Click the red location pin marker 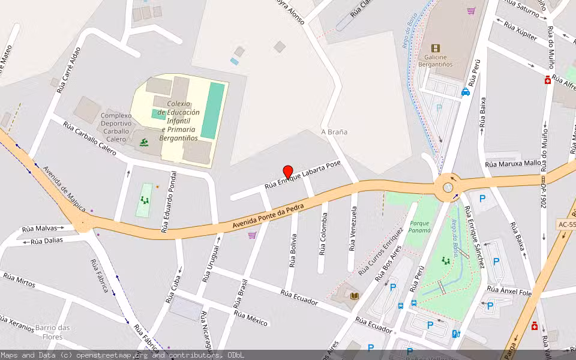coord(287,172)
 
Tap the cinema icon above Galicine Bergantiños coord(436,48)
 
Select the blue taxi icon coord(465,92)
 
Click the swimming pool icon coord(143,142)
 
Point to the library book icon coord(354,296)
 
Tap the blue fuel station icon coord(455,334)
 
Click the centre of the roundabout coord(448,187)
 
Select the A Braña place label coord(334,132)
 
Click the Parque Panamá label coord(420,227)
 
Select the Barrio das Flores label coord(53,332)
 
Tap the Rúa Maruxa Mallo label coord(513,163)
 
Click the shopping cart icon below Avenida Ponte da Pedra coord(252,235)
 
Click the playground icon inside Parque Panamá coord(445,260)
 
